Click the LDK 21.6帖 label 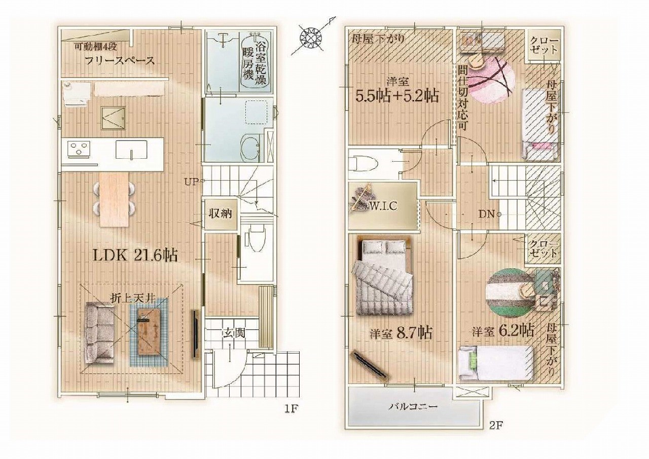click(x=135, y=256)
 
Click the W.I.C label click(x=383, y=206)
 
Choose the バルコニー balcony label click(x=413, y=407)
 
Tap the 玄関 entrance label click(x=234, y=333)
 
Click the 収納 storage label click(x=221, y=214)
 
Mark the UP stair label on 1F click(x=192, y=182)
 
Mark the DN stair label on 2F click(x=486, y=214)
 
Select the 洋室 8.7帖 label click(x=401, y=333)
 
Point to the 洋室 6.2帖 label click(x=503, y=331)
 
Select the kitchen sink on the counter click(x=131, y=150)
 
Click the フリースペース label click(x=119, y=61)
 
